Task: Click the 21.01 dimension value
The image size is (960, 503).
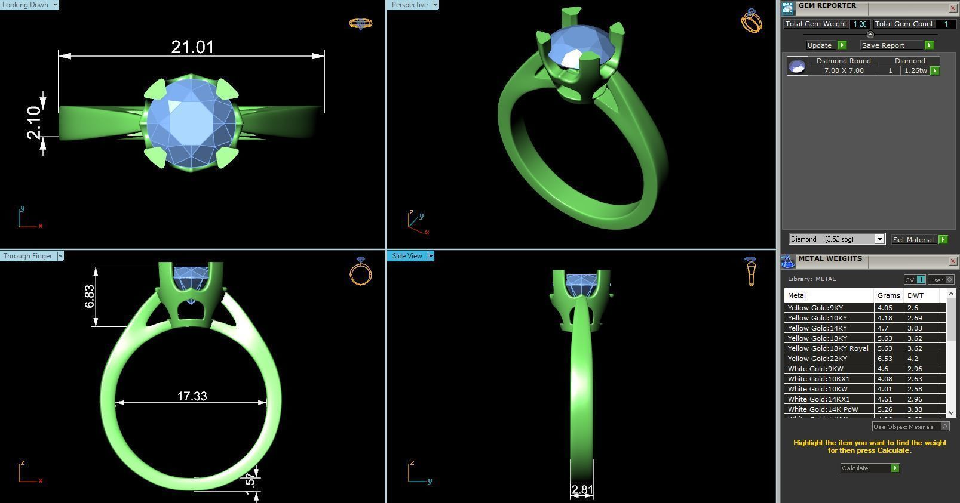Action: click(192, 47)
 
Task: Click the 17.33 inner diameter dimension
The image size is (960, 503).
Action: click(192, 396)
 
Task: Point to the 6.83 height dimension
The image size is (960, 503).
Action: click(90, 296)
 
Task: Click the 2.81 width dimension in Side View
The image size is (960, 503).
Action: click(582, 490)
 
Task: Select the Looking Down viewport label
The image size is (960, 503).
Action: click(26, 5)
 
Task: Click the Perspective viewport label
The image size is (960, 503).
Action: click(410, 5)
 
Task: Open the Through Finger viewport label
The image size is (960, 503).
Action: click(27, 256)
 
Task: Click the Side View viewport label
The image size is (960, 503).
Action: click(407, 256)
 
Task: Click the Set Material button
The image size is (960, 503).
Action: click(913, 240)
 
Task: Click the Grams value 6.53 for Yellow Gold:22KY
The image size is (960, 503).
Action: click(884, 359)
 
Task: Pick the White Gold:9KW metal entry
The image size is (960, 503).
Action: click(815, 369)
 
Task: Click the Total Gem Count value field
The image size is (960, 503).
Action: click(945, 24)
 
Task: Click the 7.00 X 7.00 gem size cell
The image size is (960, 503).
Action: click(844, 70)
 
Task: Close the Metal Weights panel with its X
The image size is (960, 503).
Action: click(952, 261)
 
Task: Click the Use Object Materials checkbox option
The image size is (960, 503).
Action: click(944, 427)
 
